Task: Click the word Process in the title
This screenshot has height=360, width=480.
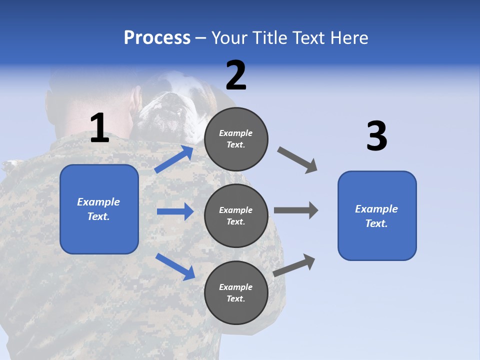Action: (x=157, y=38)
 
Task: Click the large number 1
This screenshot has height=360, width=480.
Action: (x=99, y=128)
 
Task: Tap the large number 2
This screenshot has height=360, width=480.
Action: (x=236, y=75)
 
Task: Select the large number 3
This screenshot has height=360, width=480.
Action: (x=376, y=136)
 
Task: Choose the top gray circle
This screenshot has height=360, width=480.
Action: (x=236, y=139)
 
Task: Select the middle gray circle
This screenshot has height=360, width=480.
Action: (x=236, y=215)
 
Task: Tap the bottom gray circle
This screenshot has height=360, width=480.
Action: (x=236, y=292)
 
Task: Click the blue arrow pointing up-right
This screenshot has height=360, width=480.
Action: (x=174, y=159)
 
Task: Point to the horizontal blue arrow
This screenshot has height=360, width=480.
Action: (x=175, y=211)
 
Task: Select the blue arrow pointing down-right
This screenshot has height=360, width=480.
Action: (x=175, y=266)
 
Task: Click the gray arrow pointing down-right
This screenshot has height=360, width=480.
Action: (x=297, y=160)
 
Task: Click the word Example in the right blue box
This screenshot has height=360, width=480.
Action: (x=376, y=209)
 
